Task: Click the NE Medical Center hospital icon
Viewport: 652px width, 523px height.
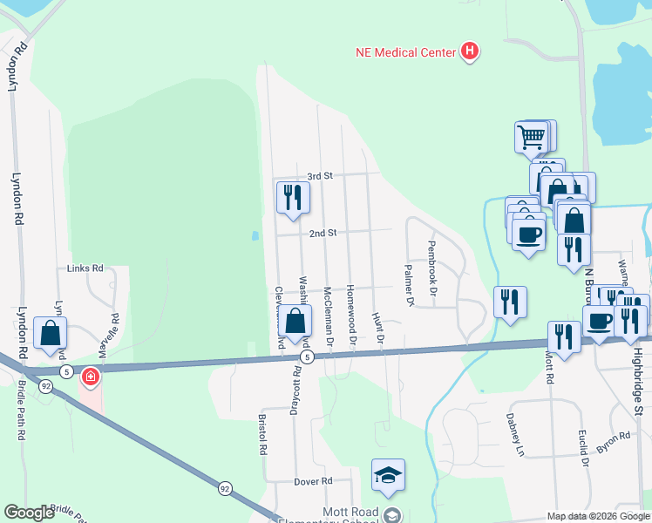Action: (x=470, y=52)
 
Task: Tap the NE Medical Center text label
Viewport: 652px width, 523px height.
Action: (x=405, y=52)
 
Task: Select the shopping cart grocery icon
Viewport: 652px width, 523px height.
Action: (x=532, y=137)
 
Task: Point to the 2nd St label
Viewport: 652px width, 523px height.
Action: (x=323, y=234)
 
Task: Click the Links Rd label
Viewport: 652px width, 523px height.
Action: (x=85, y=268)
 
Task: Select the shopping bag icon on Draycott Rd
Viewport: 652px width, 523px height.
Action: (x=295, y=322)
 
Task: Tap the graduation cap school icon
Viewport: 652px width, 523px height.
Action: (x=388, y=475)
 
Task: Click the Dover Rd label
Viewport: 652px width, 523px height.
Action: (x=314, y=481)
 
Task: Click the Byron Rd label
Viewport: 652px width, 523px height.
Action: (x=613, y=442)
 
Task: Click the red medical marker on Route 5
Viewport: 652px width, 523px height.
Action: (x=89, y=377)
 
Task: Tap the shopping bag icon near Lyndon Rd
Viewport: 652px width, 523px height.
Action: (x=51, y=333)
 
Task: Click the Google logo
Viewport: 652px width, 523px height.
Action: (x=29, y=513)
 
